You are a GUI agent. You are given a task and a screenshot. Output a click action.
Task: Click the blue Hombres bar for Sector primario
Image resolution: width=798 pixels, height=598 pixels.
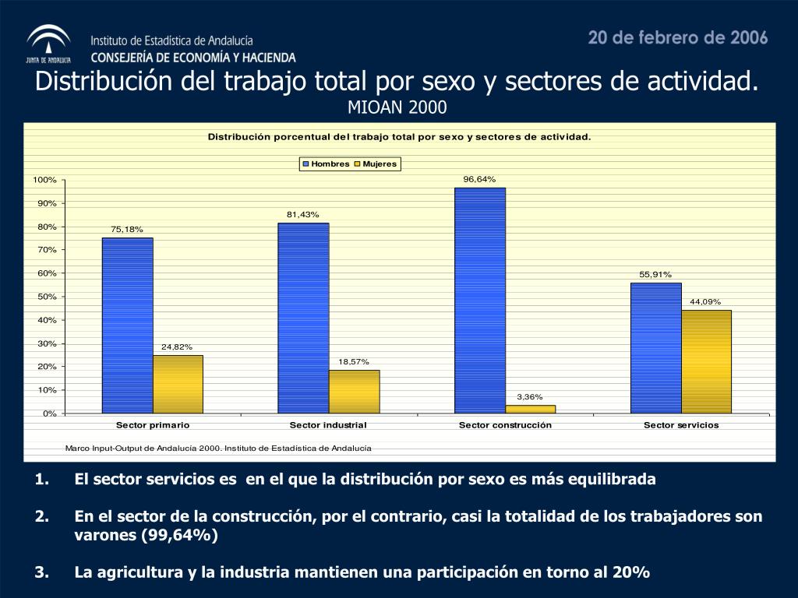pyautogui.click(x=127, y=325)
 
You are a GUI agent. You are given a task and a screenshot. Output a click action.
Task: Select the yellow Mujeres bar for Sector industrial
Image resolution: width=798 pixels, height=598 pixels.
pyautogui.click(x=354, y=391)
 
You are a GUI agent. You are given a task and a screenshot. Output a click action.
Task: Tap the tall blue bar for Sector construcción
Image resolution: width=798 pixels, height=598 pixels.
pyautogui.click(x=479, y=300)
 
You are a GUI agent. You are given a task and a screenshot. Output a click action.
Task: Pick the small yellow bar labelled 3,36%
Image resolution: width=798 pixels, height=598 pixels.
pyautogui.click(x=530, y=409)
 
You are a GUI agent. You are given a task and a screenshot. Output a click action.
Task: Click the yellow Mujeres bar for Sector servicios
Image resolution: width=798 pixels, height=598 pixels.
pyautogui.click(x=706, y=361)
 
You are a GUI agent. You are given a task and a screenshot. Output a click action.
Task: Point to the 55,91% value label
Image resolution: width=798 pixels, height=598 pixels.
pyautogui.click(x=655, y=274)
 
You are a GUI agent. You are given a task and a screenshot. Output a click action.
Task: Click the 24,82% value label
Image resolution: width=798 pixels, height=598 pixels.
pyautogui.click(x=177, y=346)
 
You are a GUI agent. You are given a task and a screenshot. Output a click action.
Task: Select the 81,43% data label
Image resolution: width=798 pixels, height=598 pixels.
pyautogui.click(x=302, y=214)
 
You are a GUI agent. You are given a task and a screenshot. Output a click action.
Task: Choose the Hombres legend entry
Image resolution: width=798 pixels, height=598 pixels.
pyautogui.click(x=326, y=164)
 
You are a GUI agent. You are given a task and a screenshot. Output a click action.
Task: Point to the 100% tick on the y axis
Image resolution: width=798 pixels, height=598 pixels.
pyautogui.click(x=44, y=180)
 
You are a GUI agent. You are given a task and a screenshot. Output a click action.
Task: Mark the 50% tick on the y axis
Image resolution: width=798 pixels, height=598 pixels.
pyautogui.click(x=47, y=297)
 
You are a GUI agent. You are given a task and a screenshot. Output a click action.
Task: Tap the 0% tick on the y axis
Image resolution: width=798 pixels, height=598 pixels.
pyautogui.click(x=50, y=413)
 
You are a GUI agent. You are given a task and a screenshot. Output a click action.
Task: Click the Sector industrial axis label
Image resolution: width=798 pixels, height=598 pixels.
pyautogui.click(x=328, y=425)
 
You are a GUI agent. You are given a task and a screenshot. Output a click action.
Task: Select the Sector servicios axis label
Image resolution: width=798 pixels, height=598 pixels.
pyautogui.click(x=681, y=425)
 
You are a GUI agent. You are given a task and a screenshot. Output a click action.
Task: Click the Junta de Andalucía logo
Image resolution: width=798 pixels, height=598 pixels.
pyautogui.click(x=48, y=44)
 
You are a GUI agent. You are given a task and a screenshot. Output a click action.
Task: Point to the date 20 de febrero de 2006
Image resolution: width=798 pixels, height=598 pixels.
pyautogui.click(x=678, y=37)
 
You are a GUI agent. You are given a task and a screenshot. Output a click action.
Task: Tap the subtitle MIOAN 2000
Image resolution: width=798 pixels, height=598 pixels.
pyautogui.click(x=397, y=107)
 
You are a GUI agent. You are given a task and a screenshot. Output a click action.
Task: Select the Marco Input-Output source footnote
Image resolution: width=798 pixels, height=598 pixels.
pyautogui.click(x=218, y=448)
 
